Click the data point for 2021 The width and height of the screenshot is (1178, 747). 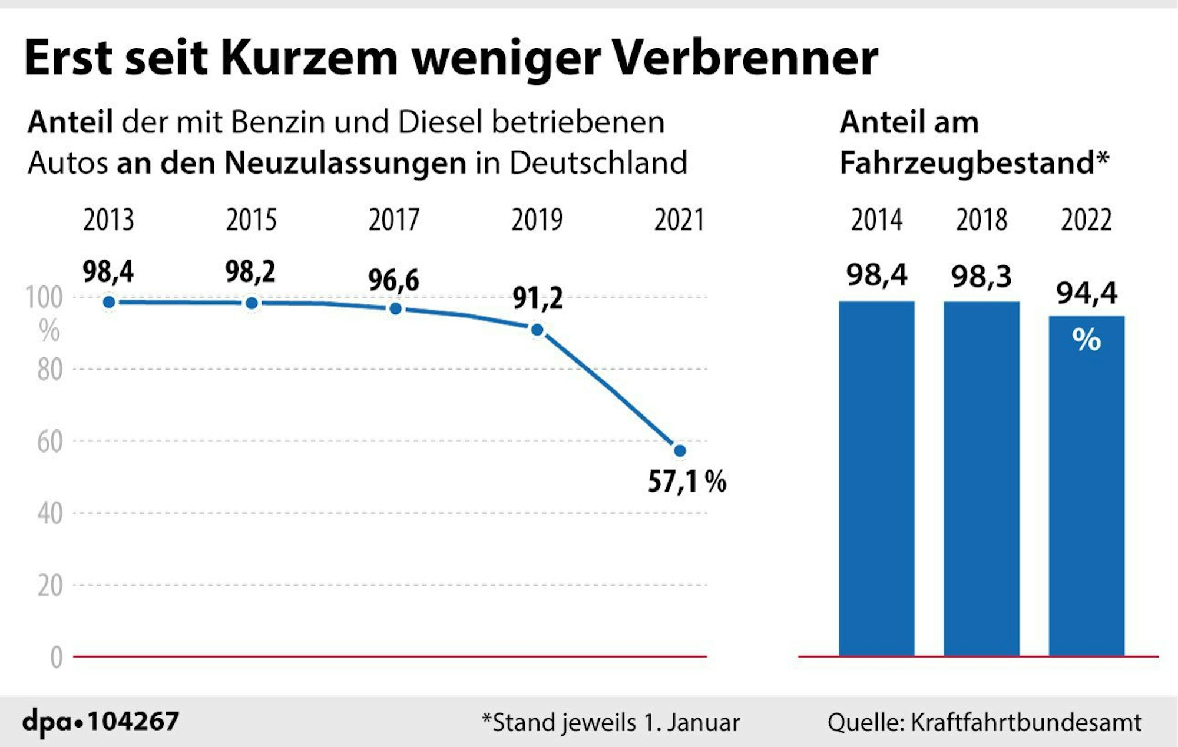click(679, 451)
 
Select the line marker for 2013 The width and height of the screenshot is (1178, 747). click(109, 302)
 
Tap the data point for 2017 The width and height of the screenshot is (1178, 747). click(396, 308)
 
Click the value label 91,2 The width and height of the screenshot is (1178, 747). click(537, 298)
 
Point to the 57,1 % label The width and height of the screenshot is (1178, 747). click(687, 482)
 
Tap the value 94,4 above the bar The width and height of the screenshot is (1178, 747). click(1086, 293)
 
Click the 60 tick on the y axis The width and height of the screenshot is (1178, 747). click(50, 441)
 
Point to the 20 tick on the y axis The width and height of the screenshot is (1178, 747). click(50, 586)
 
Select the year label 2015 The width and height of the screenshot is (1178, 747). click(252, 220)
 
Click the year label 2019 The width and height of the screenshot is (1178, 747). click(537, 220)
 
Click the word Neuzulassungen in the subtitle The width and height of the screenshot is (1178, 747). click(346, 163)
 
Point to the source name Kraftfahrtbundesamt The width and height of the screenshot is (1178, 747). click(1025, 722)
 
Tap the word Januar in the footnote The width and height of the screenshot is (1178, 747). click(703, 722)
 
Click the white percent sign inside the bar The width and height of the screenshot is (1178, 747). click(1086, 340)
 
